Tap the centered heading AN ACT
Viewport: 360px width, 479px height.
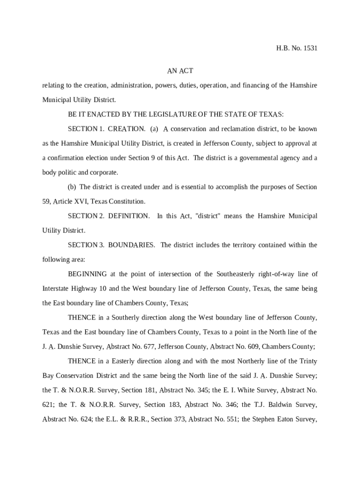coord(180,71)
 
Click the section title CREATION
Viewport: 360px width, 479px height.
coord(127,129)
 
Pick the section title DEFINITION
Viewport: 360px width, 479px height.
coord(129,216)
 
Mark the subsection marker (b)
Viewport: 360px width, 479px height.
coord(72,187)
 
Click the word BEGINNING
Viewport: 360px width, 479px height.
coord(87,274)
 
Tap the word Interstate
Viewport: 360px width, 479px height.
coord(56,289)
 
